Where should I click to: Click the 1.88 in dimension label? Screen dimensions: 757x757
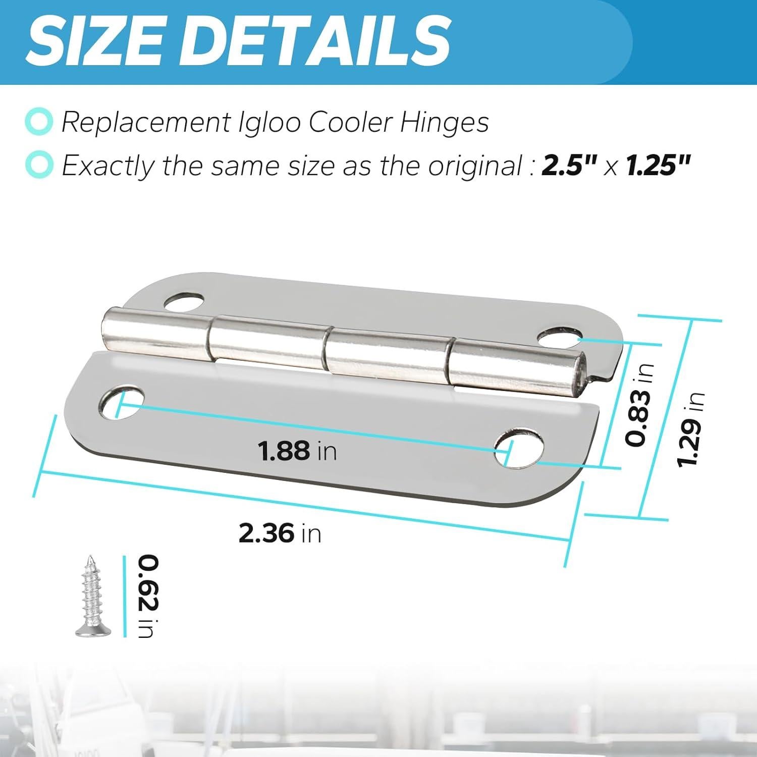297,451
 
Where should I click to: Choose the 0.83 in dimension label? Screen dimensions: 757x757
638,404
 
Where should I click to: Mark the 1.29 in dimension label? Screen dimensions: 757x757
689,429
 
